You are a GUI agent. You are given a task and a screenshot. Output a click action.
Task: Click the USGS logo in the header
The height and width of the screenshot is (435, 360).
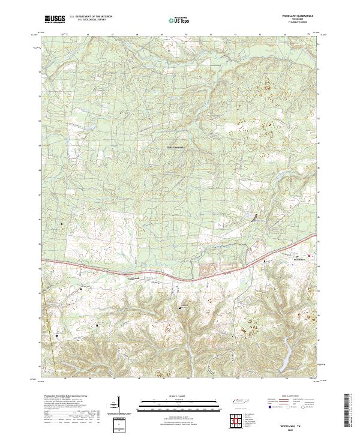(55, 19)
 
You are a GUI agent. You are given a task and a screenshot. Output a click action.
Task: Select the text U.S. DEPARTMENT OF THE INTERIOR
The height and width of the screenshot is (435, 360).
(88, 17)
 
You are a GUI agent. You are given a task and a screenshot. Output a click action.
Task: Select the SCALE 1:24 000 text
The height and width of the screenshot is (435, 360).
(178, 396)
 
